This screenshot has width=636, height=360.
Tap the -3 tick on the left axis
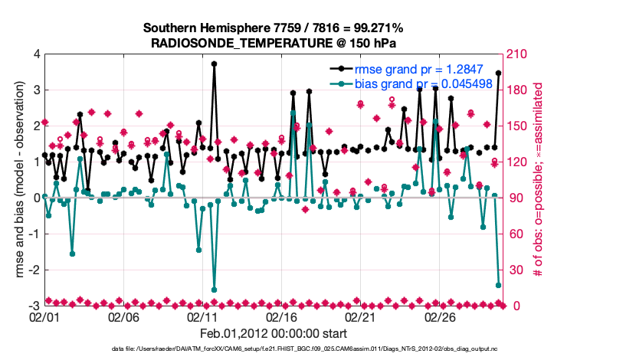click(34, 306)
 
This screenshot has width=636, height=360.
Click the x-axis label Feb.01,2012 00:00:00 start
click(272, 333)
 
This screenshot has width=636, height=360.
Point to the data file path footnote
click(272, 349)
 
